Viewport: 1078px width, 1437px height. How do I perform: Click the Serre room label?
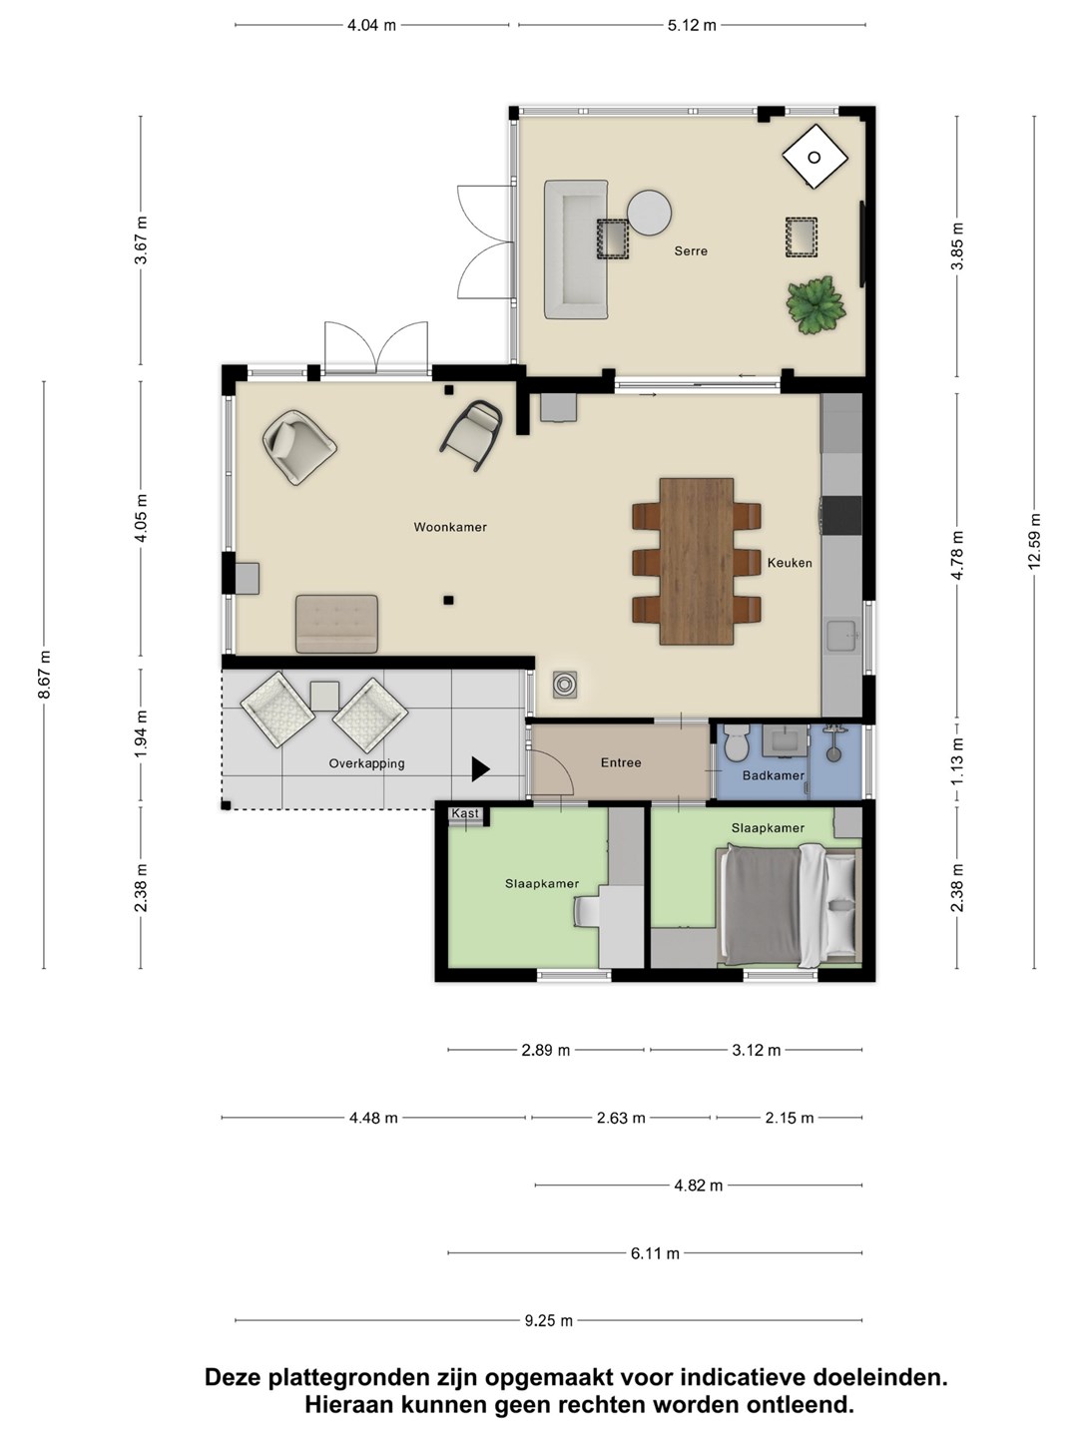coord(691,250)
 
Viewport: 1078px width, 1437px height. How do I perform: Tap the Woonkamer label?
coord(450,527)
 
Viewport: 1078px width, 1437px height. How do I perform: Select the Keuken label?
coord(790,563)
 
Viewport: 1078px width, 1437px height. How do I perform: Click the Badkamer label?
coord(773,775)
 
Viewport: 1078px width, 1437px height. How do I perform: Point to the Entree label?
coord(621,762)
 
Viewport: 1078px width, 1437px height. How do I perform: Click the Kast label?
coord(465,813)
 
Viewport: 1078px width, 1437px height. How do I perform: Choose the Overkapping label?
coord(366,763)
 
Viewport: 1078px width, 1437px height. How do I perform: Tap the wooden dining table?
coord(697,561)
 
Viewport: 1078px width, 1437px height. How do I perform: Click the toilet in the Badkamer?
coord(737,743)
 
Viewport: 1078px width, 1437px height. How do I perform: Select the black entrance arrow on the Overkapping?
coord(480,769)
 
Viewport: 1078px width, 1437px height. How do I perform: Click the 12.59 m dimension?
coord(1034,542)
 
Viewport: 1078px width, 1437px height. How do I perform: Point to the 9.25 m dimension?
coord(549,1321)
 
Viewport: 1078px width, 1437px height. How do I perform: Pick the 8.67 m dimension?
coord(44,675)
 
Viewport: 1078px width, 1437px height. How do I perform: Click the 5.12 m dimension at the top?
coord(692,26)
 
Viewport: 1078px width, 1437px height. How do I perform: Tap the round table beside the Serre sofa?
coord(649,213)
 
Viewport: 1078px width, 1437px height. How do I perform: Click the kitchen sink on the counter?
coord(842,637)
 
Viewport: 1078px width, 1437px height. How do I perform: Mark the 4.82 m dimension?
coord(699,1186)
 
